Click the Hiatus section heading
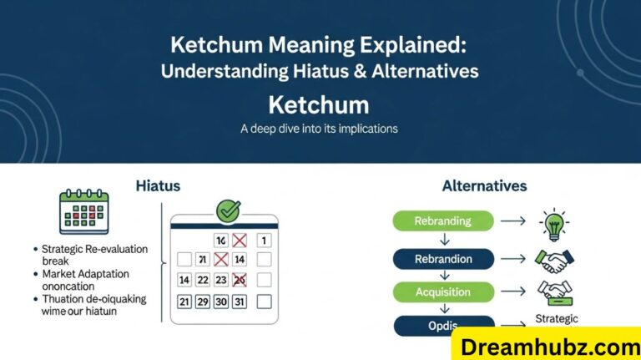coord(158,185)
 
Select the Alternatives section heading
coord(484,185)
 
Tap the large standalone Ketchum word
coord(319,105)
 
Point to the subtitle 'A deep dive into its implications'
coord(319,129)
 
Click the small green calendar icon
coord(84,211)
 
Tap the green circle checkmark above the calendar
coord(227,210)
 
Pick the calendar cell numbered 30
coord(221,302)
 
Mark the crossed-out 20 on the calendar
coord(240,280)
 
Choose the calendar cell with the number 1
coord(264,241)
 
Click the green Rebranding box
coord(442,221)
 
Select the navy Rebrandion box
coord(442,258)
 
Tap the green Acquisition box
coord(442,292)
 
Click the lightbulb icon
coord(553,225)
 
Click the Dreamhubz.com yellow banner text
coord(547,343)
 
